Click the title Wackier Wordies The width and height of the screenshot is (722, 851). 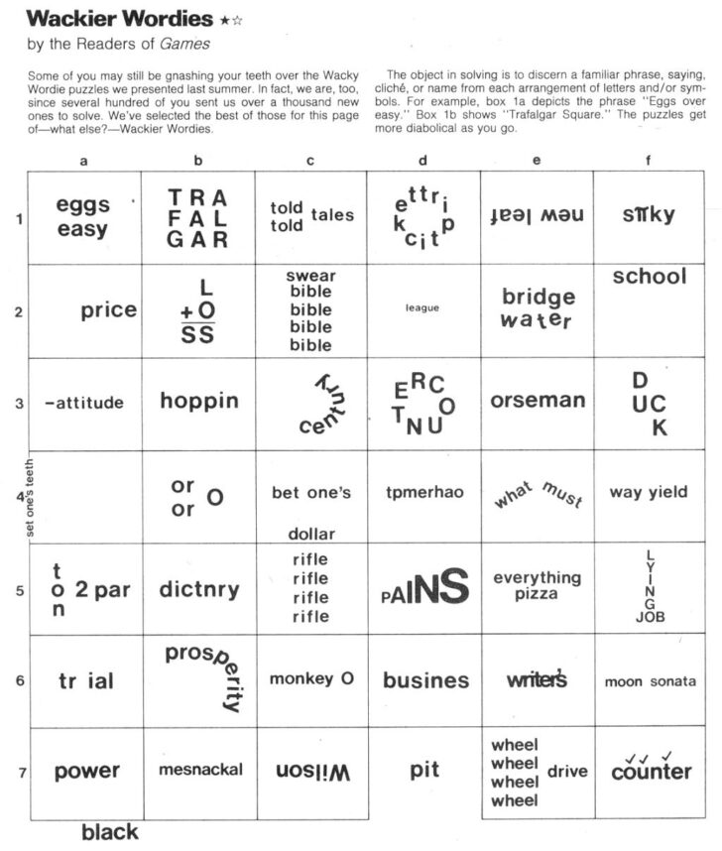(118, 19)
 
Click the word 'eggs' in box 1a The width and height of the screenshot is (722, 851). (82, 205)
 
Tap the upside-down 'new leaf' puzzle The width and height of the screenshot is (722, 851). (537, 215)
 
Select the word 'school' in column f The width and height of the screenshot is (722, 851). (649, 277)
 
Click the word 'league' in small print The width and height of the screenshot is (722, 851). (422, 307)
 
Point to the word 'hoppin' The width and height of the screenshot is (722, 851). (199, 401)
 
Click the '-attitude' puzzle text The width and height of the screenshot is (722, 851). (84, 403)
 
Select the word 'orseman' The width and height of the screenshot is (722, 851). (538, 401)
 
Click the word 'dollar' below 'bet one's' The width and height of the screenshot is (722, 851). (311, 534)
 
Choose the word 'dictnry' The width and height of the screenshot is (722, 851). (199, 590)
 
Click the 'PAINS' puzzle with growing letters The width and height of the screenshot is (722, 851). (424, 588)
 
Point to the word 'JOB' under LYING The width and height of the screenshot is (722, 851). (650, 617)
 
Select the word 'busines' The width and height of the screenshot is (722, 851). (425, 680)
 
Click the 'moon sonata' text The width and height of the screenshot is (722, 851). (650, 681)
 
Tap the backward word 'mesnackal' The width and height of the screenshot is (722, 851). (199, 770)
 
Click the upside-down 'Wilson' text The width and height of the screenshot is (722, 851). (311, 771)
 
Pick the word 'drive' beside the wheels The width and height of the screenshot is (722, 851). (567, 771)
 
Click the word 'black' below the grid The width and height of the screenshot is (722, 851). (109, 832)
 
